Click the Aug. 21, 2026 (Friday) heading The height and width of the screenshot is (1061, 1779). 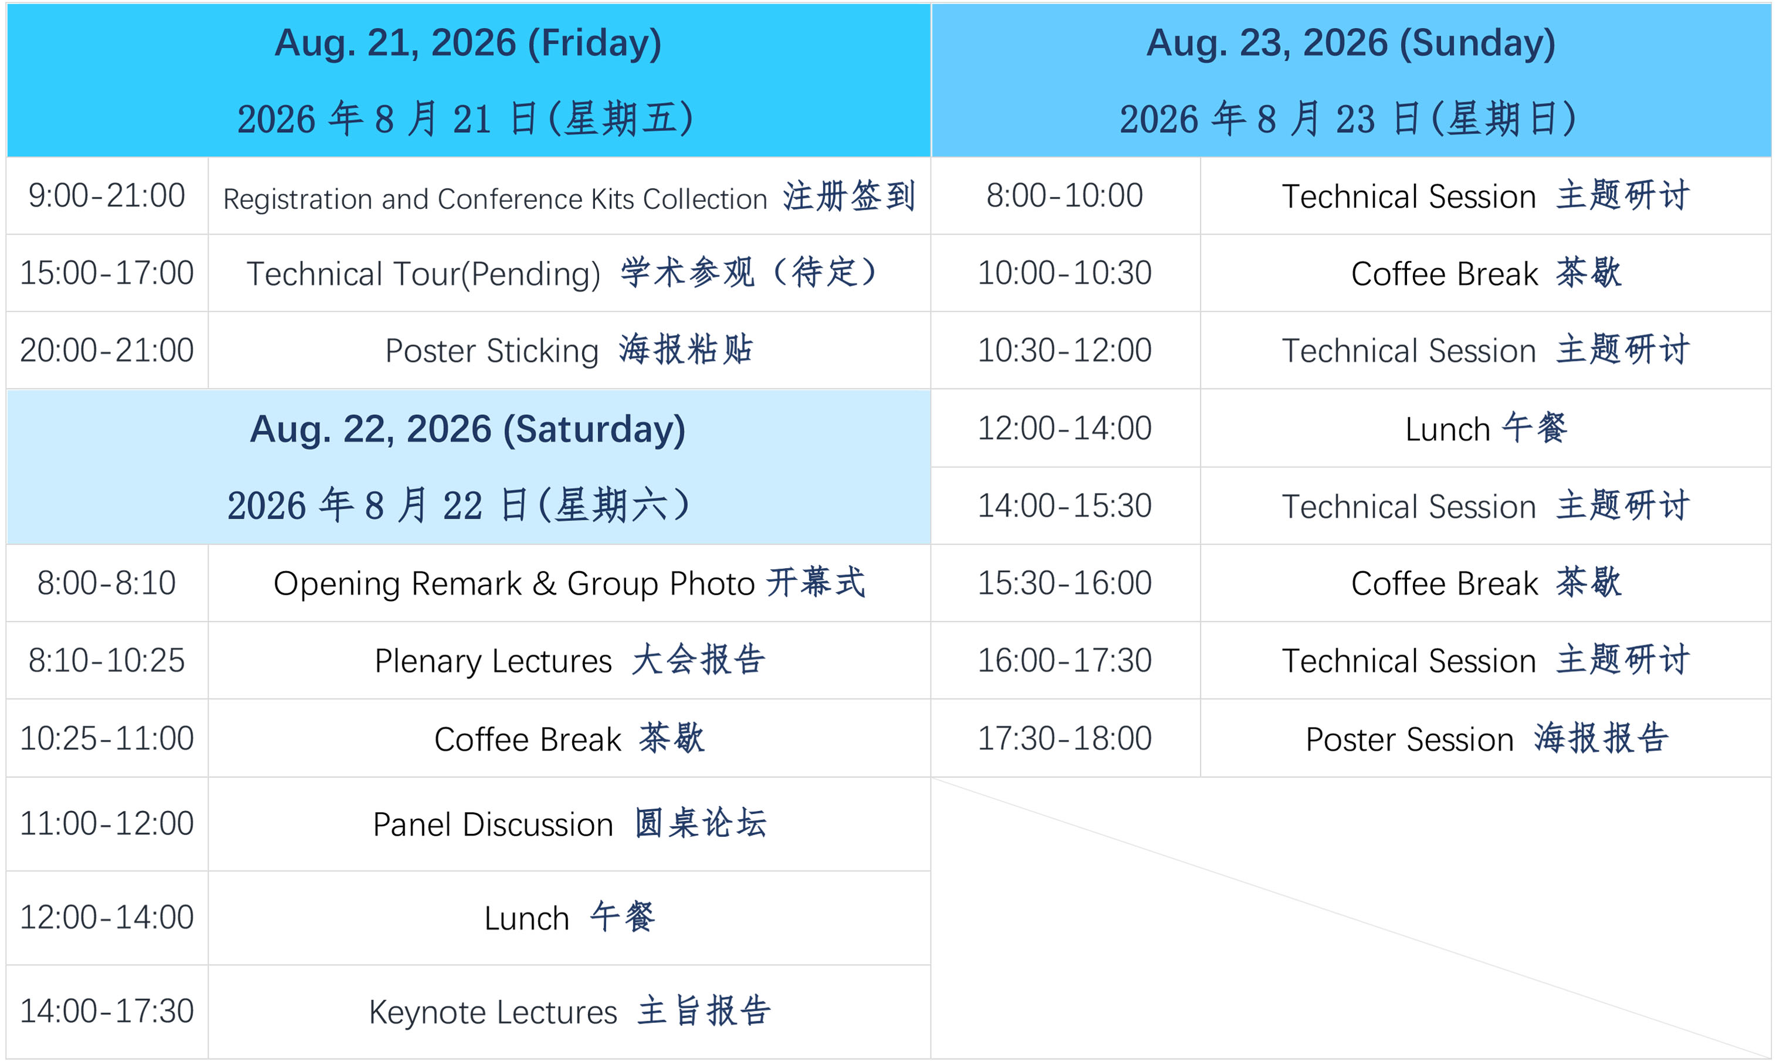(x=468, y=43)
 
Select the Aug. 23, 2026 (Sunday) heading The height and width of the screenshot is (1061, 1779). (x=1351, y=43)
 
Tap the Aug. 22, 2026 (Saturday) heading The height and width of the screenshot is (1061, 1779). (x=468, y=429)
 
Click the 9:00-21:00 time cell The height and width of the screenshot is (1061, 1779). (x=107, y=195)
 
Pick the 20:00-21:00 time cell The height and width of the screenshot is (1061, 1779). (x=107, y=350)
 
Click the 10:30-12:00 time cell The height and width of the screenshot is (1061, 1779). (x=1065, y=350)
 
